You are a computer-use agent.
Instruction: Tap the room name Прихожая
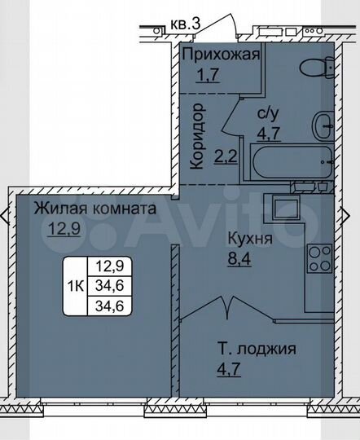coord(221,55)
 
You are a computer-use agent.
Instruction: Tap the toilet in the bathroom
coord(316,68)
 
